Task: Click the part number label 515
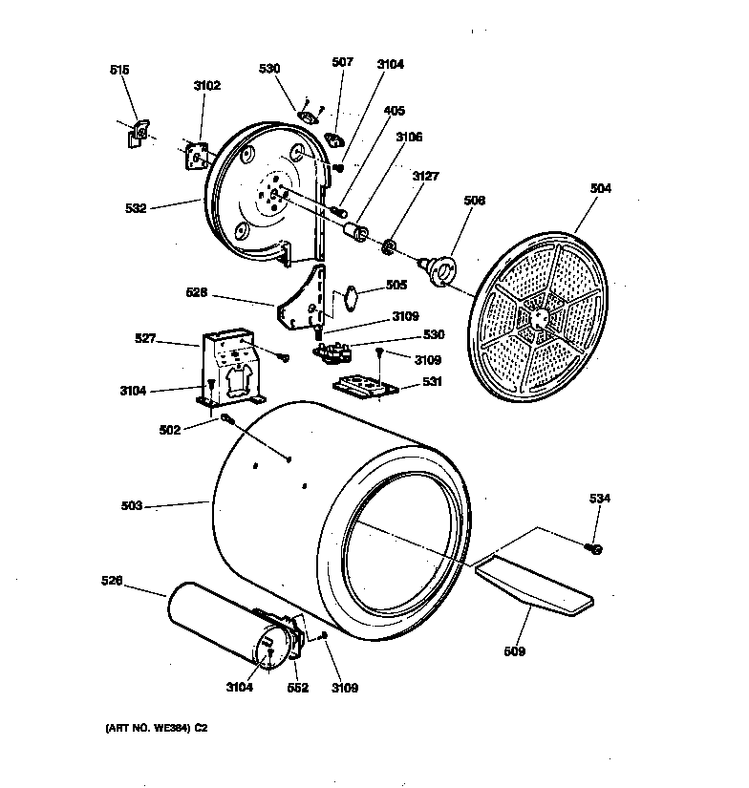pyautogui.click(x=120, y=71)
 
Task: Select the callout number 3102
pyautogui.click(x=206, y=86)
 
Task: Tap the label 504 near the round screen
pyautogui.click(x=600, y=189)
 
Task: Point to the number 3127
pyautogui.click(x=426, y=176)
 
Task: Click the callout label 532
pyautogui.click(x=136, y=207)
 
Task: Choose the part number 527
pyautogui.click(x=146, y=338)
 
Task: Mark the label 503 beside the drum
pyautogui.click(x=131, y=506)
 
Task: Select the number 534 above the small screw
pyautogui.click(x=599, y=499)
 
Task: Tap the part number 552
pyautogui.click(x=298, y=688)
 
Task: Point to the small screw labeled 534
pyautogui.click(x=594, y=547)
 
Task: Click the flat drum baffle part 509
pyautogui.click(x=535, y=583)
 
